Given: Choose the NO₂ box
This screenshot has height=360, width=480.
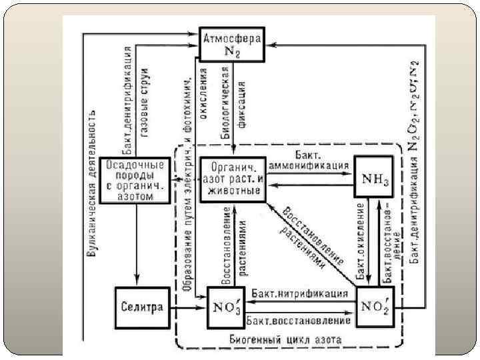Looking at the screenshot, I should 374,307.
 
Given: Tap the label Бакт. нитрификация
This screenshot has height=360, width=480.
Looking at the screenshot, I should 301,293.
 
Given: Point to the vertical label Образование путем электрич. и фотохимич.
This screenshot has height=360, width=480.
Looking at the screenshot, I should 188,180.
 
